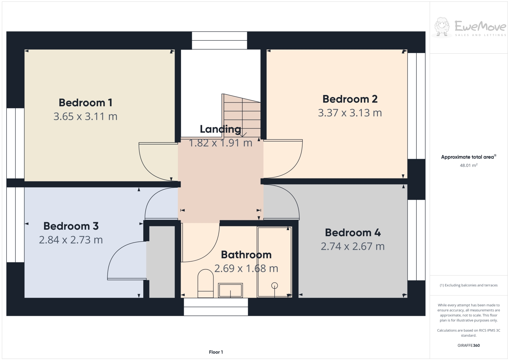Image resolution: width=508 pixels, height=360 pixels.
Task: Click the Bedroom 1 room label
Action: (85, 102)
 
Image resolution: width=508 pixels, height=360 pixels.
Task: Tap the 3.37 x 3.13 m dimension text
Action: (350, 113)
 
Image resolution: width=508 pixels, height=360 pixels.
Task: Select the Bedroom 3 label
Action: (71, 226)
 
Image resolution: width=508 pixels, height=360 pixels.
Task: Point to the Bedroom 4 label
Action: (353, 232)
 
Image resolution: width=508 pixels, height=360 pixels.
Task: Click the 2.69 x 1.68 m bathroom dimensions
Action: (246, 268)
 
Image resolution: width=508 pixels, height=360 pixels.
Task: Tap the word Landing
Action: (220, 129)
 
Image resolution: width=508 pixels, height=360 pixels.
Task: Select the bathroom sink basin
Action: (230, 290)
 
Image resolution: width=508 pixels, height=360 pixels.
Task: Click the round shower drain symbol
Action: (275, 286)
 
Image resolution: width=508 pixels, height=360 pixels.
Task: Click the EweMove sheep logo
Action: (442, 26)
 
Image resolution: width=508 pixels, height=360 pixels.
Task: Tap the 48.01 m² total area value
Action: (469, 166)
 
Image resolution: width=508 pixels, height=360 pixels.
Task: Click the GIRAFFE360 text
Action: (469, 345)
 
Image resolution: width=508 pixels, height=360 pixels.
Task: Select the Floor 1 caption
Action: (216, 352)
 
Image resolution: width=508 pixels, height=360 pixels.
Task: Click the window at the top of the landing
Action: (219, 40)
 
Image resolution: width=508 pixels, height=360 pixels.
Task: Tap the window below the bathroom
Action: (216, 307)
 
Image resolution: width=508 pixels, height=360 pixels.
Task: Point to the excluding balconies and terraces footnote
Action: (469, 285)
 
